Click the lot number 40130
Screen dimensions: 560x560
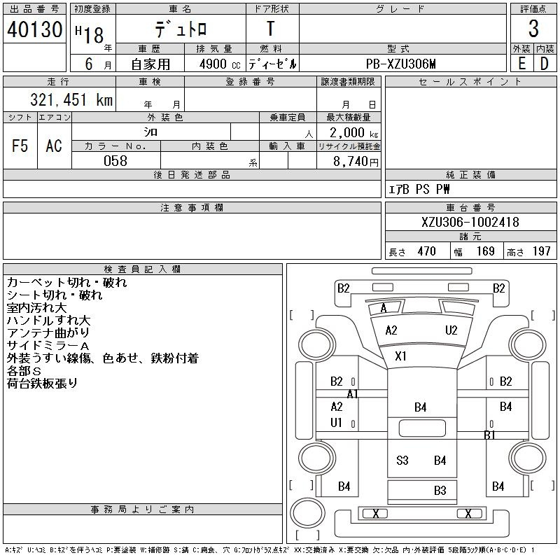point(34,29)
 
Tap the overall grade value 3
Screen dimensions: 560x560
point(533,29)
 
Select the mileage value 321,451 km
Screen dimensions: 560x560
point(71,99)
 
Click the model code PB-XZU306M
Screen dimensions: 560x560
point(400,64)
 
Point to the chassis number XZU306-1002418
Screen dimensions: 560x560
point(470,222)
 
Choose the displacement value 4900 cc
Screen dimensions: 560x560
point(220,64)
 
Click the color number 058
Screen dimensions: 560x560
point(115,161)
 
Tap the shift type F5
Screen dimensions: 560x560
point(20,146)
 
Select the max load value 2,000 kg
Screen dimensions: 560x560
point(353,133)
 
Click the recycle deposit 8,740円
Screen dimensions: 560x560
point(356,162)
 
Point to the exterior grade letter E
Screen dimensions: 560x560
point(521,64)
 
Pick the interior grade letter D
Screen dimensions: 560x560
point(545,64)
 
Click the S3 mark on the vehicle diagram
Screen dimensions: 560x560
point(402,461)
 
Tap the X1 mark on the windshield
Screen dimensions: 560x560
point(400,356)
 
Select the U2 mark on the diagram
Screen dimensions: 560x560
point(451,330)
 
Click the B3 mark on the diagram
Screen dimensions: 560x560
point(440,491)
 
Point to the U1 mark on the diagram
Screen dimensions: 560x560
point(336,423)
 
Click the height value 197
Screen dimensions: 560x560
point(541,251)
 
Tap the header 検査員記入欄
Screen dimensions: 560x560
point(142,269)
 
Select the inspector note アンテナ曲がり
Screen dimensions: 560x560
point(48,333)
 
